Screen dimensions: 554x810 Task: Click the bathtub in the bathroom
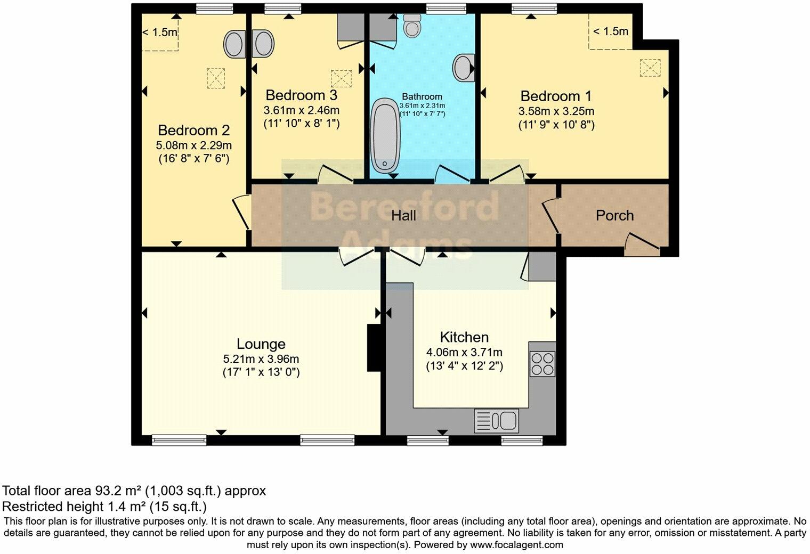385,135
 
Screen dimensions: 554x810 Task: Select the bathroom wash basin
464,68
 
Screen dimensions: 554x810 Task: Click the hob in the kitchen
542,364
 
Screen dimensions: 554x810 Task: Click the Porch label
614,215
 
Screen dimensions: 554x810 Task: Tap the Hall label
404,216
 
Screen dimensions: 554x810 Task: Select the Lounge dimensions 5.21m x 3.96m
261,359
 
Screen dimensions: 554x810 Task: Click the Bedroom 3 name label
301,95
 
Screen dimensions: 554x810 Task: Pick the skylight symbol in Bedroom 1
650,68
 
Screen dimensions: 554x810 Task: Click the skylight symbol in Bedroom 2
216,78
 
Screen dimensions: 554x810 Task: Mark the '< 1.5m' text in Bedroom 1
611,31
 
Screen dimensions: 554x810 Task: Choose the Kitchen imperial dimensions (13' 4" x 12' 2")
464,366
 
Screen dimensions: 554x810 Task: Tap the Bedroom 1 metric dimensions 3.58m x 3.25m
556,111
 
